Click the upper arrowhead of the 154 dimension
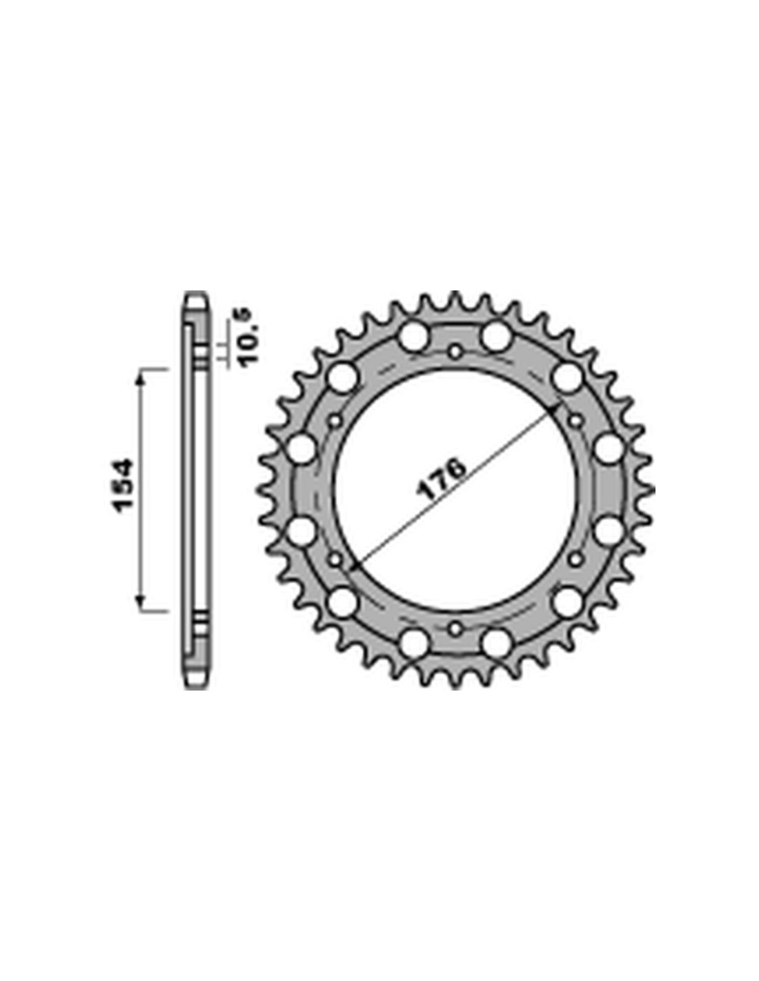pos(141,382)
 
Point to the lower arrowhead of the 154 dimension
pos(141,600)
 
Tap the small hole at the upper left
pos(335,421)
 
